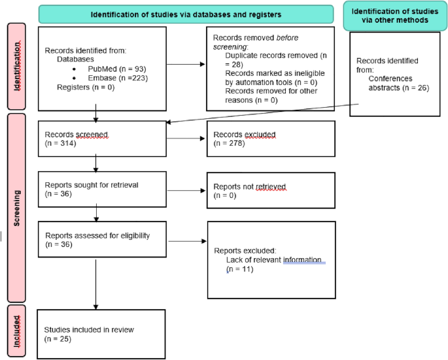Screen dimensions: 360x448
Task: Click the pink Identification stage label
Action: [16, 66]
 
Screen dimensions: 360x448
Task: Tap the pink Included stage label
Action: [16, 331]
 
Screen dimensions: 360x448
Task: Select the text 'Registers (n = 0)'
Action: [84, 86]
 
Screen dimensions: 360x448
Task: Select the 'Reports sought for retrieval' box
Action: [101, 189]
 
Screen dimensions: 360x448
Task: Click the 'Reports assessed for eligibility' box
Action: [101, 240]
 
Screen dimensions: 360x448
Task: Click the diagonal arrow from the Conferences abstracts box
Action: [262, 112]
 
